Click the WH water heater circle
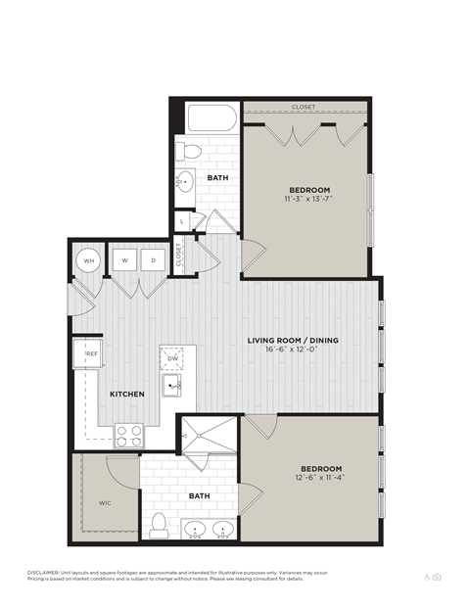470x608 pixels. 88,260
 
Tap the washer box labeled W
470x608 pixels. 126,260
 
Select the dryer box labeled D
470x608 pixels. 154,260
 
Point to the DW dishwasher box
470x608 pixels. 172,359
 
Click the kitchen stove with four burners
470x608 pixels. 128,434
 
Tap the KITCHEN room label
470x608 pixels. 127,394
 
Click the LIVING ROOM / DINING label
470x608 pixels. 293,340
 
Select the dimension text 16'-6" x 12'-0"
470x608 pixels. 293,351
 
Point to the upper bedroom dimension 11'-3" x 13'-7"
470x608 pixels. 308,199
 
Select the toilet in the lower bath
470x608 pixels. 159,526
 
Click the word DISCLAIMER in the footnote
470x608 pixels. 44,571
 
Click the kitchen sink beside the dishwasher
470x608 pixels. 172,388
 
